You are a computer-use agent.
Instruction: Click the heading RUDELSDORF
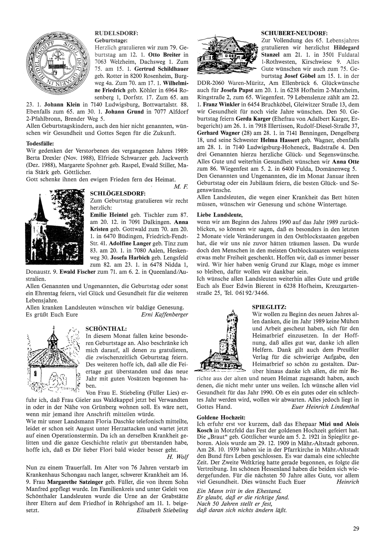click(x=116, y=33)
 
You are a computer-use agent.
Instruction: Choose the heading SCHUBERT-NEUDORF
click(x=295, y=33)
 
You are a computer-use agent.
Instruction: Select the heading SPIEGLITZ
click(x=269, y=307)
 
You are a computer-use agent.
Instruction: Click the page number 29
click(x=356, y=529)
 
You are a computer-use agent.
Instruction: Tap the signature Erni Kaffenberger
click(x=165, y=315)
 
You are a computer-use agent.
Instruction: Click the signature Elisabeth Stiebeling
click(x=163, y=510)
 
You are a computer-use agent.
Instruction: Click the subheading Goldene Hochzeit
click(x=221, y=418)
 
